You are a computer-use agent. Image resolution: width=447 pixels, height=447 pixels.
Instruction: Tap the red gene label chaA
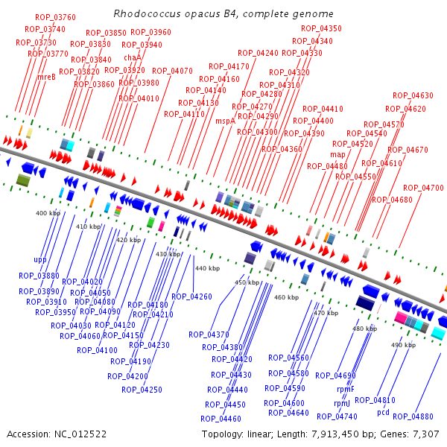[133, 57]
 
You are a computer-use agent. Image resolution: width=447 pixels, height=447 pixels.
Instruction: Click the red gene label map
[337, 154]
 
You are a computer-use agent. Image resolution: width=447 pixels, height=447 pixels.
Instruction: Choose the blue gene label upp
[39, 260]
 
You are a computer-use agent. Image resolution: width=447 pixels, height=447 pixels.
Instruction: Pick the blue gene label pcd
[383, 412]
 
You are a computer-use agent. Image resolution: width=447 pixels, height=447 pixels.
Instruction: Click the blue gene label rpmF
[346, 389]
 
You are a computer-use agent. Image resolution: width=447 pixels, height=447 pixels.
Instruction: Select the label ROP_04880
[413, 416]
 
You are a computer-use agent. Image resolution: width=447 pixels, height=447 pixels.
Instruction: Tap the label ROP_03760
[55, 17]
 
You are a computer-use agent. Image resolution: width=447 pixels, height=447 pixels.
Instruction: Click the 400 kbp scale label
[48, 213]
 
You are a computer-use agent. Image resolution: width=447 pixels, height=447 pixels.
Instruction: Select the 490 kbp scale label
[402, 345]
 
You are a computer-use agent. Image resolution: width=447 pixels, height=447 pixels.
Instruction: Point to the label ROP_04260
[191, 297]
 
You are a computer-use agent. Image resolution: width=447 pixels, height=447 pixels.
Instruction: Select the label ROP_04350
[321, 28]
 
